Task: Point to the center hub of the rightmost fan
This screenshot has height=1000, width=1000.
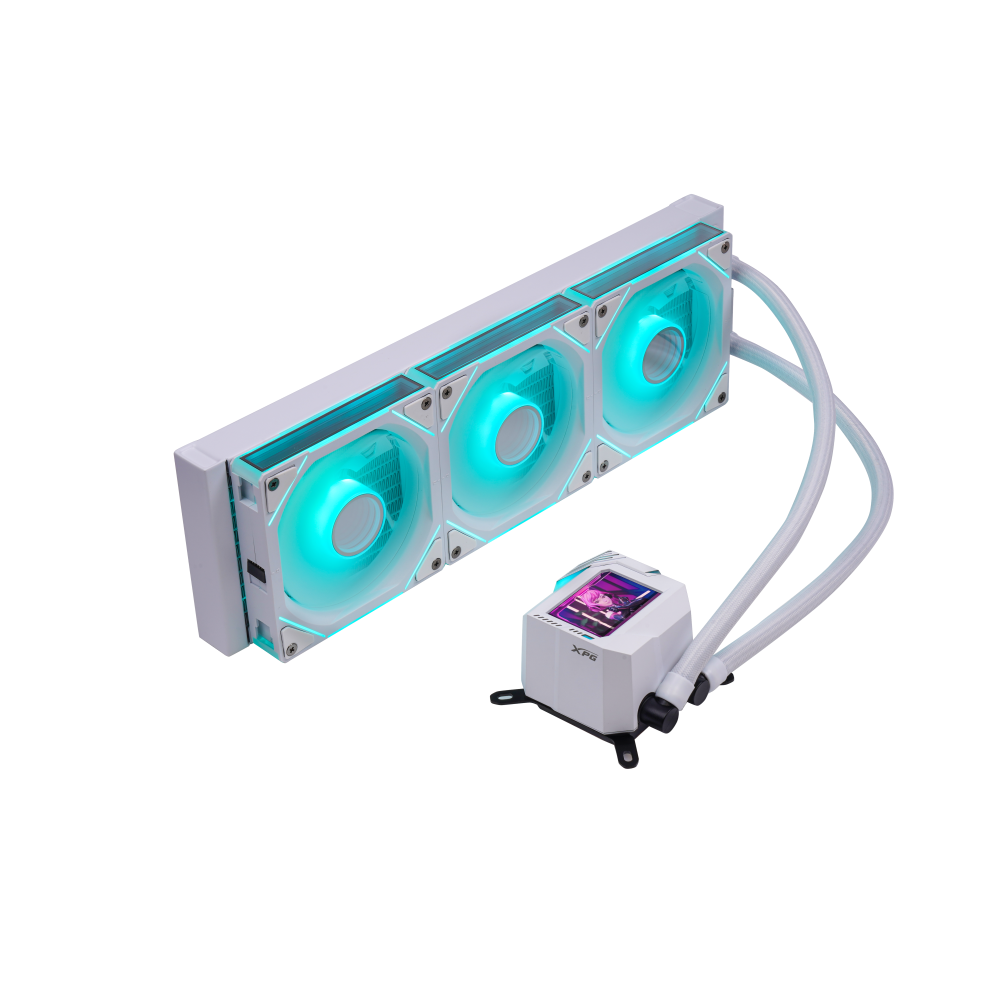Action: pos(663,354)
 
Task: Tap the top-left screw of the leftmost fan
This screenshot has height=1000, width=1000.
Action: pos(274,483)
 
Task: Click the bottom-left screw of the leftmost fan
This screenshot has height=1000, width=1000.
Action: pos(292,647)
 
